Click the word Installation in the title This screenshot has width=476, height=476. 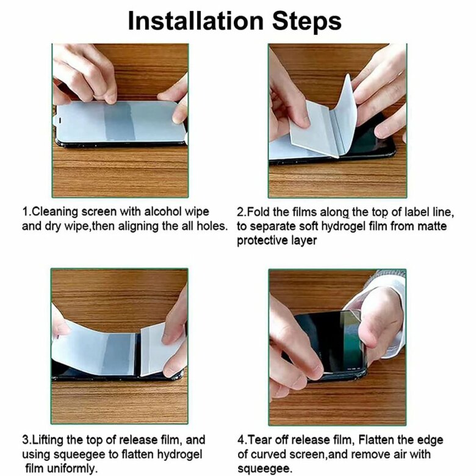pos(195,21)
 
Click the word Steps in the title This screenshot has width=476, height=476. pos(307,21)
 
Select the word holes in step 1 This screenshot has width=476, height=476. pos(212,226)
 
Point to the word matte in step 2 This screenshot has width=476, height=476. pos(432,226)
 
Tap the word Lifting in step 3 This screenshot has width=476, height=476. pos(47,439)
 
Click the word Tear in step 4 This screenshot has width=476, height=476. pos(259,439)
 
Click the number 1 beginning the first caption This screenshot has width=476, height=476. pos(25,212)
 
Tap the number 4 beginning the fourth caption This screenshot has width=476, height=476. pos(240,440)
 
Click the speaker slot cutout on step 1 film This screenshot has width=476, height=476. pos(60,120)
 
